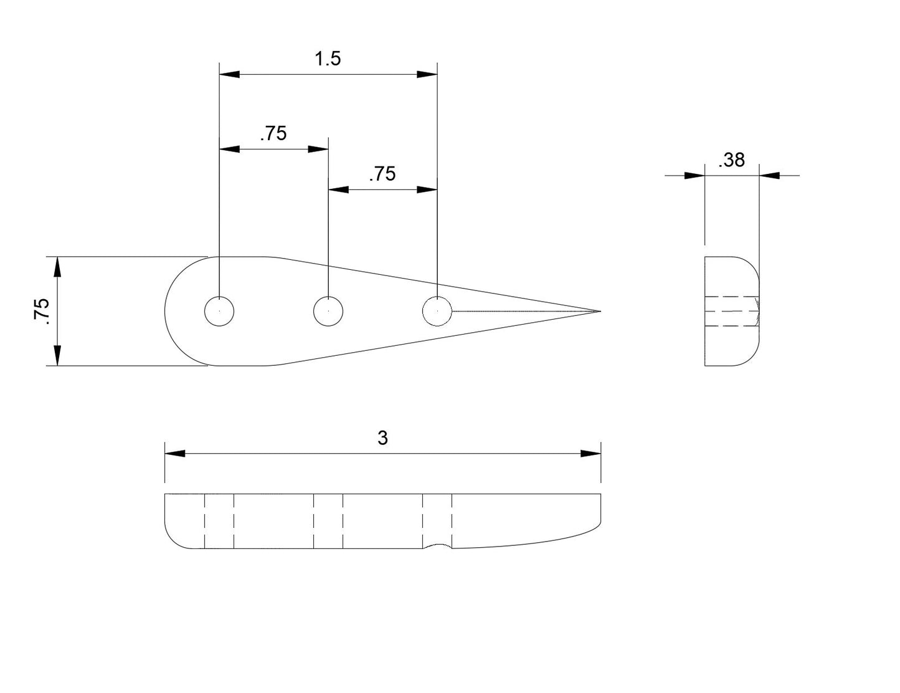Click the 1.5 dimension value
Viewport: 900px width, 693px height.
pyautogui.click(x=328, y=59)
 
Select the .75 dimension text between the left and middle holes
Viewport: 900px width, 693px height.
pyautogui.click(x=273, y=133)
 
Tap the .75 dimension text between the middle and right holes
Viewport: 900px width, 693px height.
pyautogui.click(x=382, y=174)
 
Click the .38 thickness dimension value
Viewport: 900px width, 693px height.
pyautogui.click(x=731, y=160)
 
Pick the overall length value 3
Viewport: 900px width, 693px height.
pyautogui.click(x=382, y=438)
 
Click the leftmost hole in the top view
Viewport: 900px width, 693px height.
pyautogui.click(x=219, y=311)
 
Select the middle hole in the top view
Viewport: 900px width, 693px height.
pyautogui.click(x=328, y=311)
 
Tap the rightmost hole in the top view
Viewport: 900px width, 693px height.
pyautogui.click(x=437, y=311)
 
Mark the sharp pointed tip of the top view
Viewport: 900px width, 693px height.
pyautogui.click(x=599, y=311)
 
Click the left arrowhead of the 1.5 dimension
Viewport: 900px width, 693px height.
pyautogui.click(x=229, y=75)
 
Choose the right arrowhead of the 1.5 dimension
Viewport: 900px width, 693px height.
pyautogui.click(x=427, y=75)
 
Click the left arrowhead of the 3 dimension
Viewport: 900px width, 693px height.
pyautogui.click(x=174, y=454)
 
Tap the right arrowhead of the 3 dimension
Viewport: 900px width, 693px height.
pyautogui.click(x=590, y=454)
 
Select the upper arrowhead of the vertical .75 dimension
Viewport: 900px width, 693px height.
pyautogui.click(x=57, y=267)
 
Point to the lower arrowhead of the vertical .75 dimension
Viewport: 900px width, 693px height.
pyautogui.click(x=57, y=355)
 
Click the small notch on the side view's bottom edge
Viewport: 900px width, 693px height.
pyautogui.click(x=437, y=547)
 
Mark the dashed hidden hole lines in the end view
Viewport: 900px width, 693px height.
pyautogui.click(x=732, y=311)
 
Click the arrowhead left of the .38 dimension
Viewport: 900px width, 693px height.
pyautogui.click(x=694, y=176)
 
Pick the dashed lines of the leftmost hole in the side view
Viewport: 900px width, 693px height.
pyautogui.click(x=219, y=521)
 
